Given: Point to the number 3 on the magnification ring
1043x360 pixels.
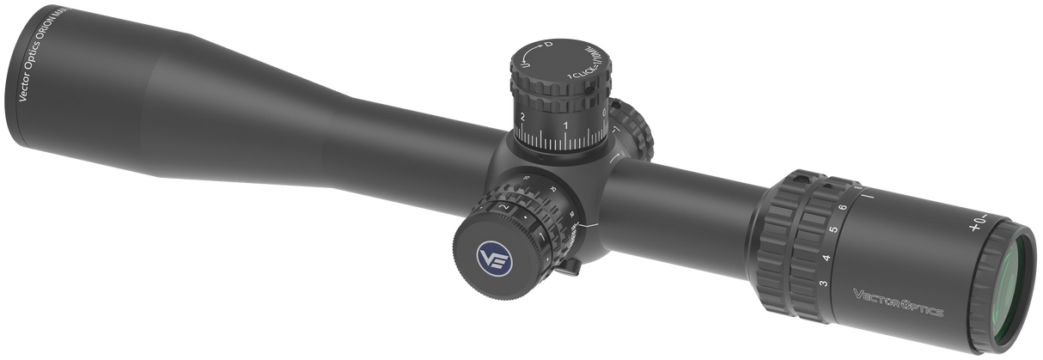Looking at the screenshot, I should [823, 284].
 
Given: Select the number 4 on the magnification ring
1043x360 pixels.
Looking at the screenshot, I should [826, 257].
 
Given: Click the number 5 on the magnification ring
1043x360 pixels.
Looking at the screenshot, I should [832, 230].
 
